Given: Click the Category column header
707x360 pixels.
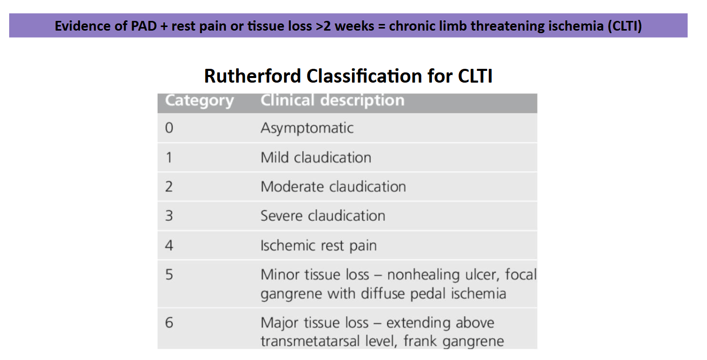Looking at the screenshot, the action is pyautogui.click(x=199, y=100).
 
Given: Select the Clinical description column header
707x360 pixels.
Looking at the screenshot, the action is pyautogui.click(x=333, y=100).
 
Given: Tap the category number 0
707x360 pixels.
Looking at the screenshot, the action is pyautogui.click(x=169, y=128).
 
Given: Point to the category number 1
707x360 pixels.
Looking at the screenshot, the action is pyautogui.click(x=169, y=158).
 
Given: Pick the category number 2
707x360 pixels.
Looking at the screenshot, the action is pyautogui.click(x=169, y=187).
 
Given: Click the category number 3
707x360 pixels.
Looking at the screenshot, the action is pyautogui.click(x=169, y=216).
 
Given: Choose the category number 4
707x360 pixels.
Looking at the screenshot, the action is pyautogui.click(x=169, y=245).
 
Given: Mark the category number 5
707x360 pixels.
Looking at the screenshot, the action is pyautogui.click(x=169, y=274).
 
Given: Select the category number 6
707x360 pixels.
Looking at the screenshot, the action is pyautogui.click(x=169, y=322).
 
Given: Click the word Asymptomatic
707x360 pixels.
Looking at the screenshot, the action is pyautogui.click(x=307, y=128).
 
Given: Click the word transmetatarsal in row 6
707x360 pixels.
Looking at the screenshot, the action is pyautogui.click(x=310, y=341).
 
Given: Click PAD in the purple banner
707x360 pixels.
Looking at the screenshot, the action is pyautogui.click(x=144, y=26).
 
